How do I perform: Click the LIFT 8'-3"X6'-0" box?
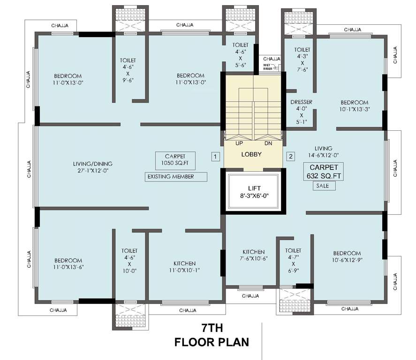pyautogui.click(x=253, y=192)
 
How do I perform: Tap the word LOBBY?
pyautogui.click(x=251, y=154)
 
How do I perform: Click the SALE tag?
pyautogui.click(x=323, y=186)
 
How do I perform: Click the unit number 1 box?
pyautogui.click(x=215, y=157)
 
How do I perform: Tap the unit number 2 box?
pyautogui.click(x=291, y=157)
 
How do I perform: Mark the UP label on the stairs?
pyautogui.click(x=239, y=143)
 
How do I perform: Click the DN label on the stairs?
pyautogui.click(x=268, y=143)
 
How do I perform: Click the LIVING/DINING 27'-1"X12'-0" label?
pyautogui.click(x=93, y=167)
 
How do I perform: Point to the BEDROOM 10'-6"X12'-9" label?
pyautogui.click(x=348, y=256)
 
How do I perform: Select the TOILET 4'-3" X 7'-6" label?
pyautogui.click(x=302, y=60)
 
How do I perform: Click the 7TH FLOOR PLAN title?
pyautogui.click(x=212, y=335)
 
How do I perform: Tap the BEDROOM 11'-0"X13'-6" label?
pyautogui.click(x=68, y=264)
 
